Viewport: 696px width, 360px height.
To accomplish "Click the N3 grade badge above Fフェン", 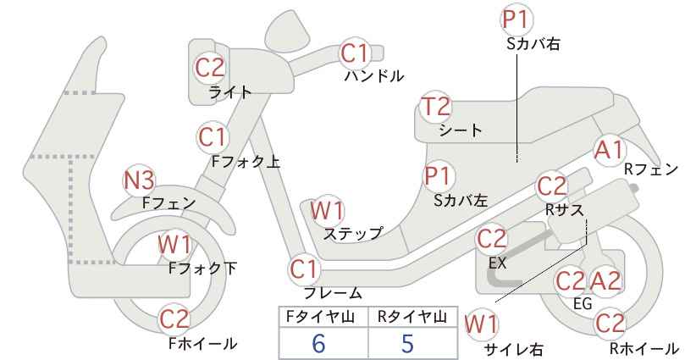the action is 139,180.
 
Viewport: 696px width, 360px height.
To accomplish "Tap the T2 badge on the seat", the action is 436,107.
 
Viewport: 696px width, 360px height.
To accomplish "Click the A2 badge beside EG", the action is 606,281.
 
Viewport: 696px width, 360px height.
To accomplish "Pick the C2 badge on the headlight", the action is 210,68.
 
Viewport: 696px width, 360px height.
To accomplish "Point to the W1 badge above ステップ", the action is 327,210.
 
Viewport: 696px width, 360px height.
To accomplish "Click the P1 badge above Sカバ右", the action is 517,20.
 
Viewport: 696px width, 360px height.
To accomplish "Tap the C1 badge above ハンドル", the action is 355,53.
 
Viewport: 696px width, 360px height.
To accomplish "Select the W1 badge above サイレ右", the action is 482,324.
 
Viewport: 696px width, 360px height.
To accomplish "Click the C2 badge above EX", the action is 491,239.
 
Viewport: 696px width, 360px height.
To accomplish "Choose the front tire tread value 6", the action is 318,344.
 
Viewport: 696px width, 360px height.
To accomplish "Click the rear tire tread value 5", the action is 407,344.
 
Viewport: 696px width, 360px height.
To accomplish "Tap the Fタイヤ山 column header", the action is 320,317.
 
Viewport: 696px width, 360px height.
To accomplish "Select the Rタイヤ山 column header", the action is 412,317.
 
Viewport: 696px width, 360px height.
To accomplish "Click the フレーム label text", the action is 333,293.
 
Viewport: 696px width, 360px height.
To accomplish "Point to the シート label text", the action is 461,130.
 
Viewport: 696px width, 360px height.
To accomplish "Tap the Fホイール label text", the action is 203,343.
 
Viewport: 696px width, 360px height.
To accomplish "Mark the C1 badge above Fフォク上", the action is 213,137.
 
